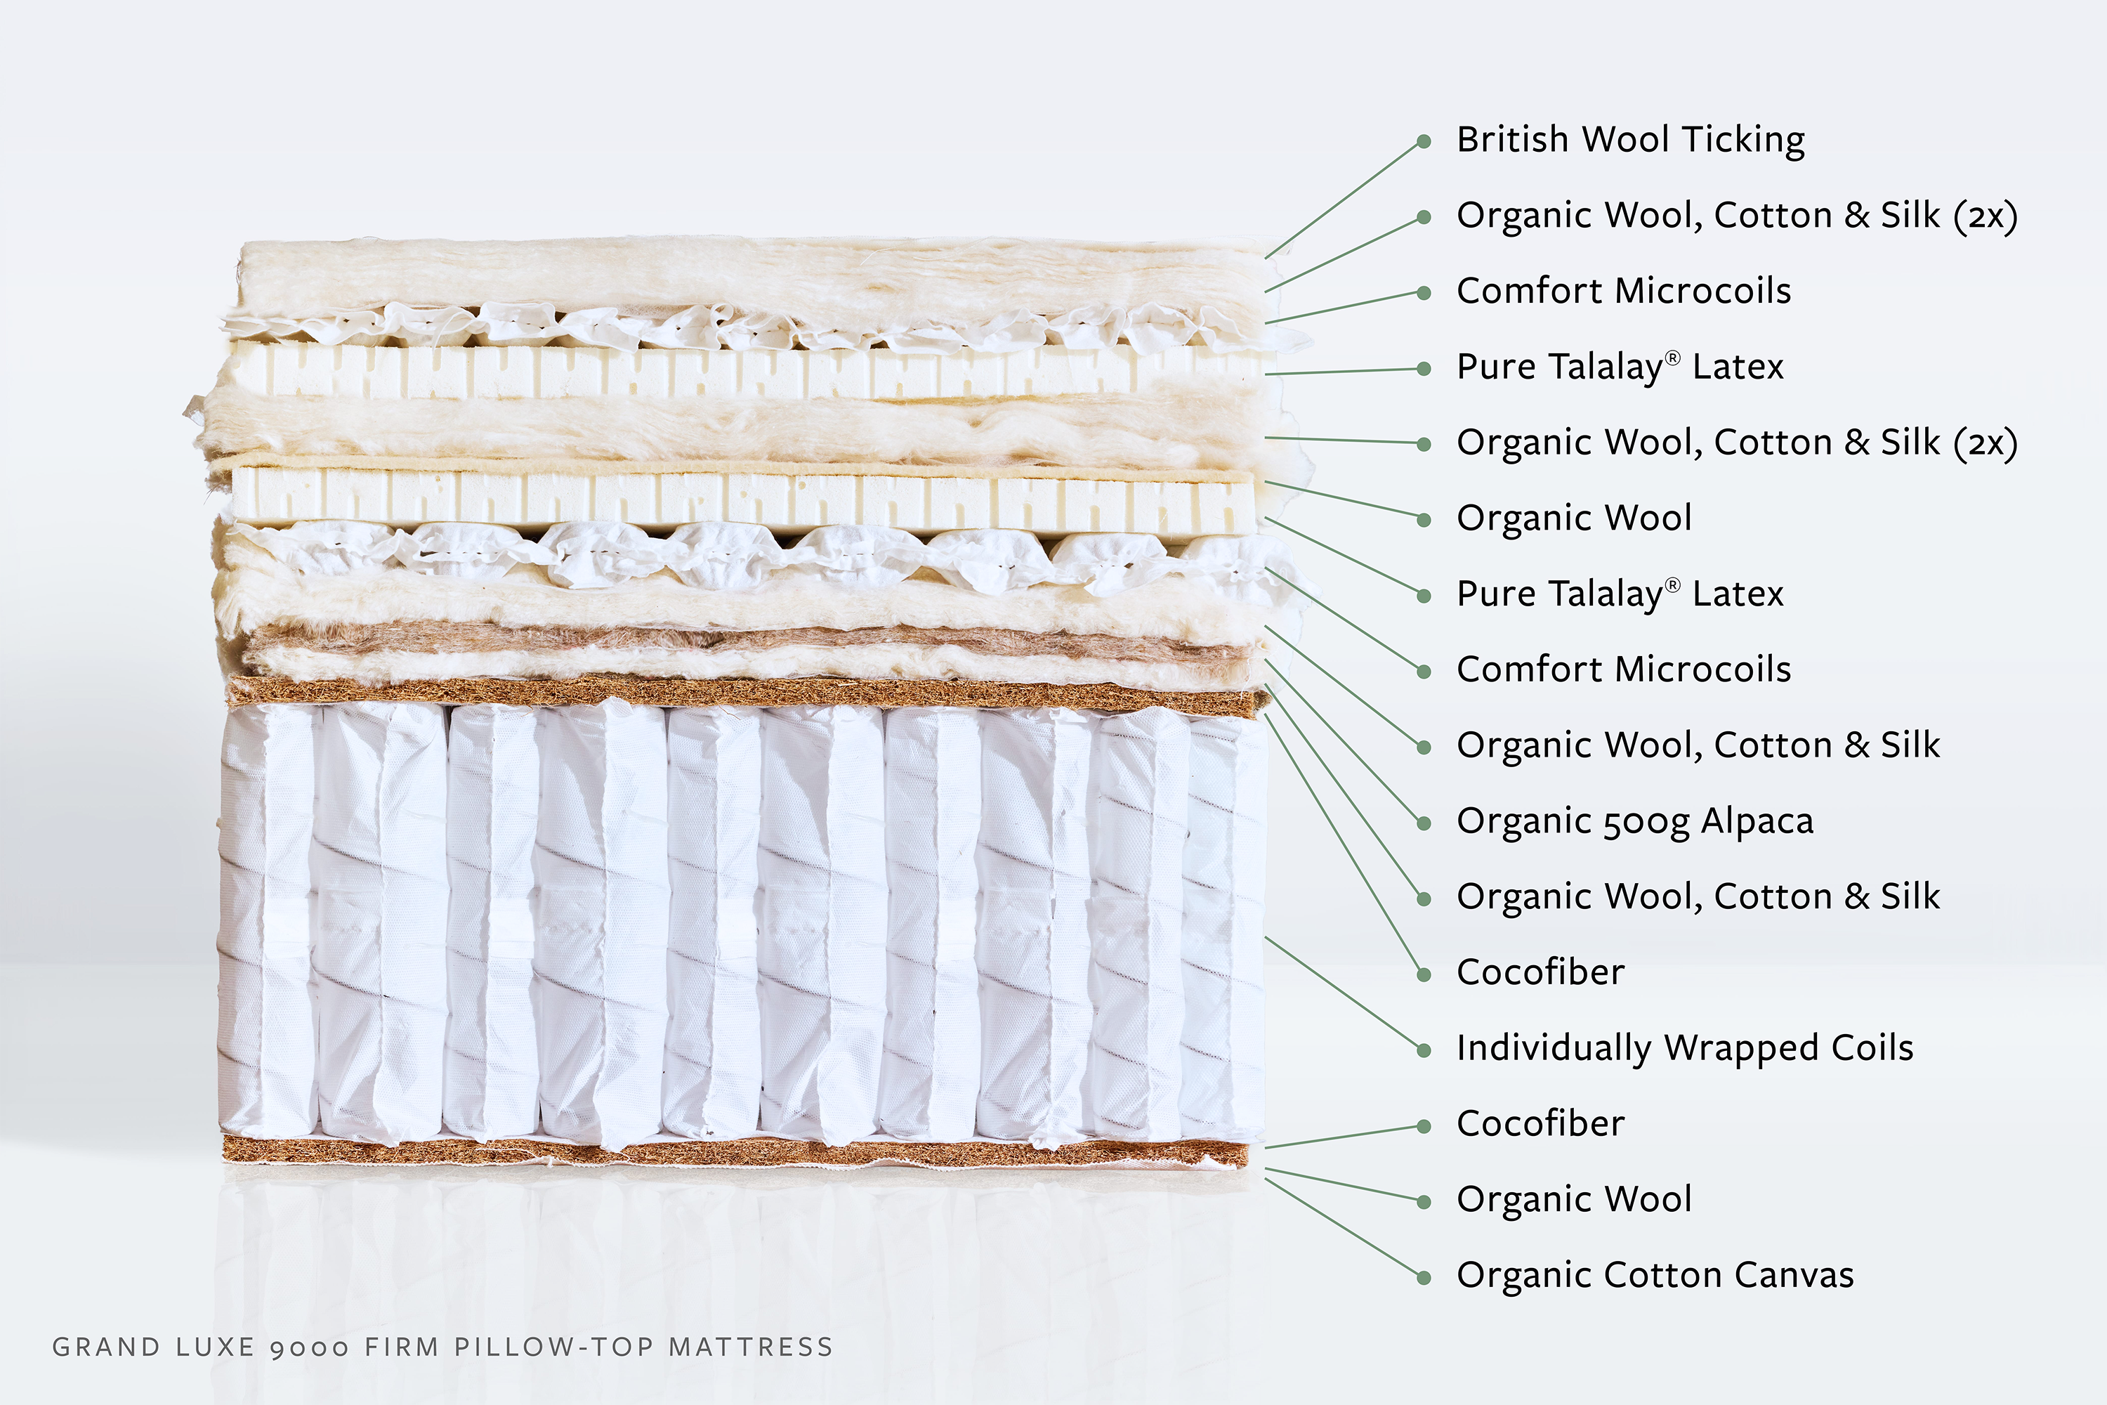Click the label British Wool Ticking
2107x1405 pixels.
[1629, 140]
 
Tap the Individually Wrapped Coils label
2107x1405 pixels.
[1684, 1048]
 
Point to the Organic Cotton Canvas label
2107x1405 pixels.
[1655, 1275]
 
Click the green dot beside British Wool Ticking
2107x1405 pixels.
[1424, 142]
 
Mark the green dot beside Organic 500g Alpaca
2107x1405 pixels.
[1424, 823]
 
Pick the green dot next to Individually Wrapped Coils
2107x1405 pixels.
[1424, 1050]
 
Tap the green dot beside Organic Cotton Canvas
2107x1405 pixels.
[1424, 1277]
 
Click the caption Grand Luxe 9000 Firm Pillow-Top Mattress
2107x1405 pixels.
[442, 1347]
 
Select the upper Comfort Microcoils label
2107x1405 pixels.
[1623, 292]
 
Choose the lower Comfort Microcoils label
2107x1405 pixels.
[1623, 669]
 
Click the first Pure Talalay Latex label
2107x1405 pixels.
[1620, 367]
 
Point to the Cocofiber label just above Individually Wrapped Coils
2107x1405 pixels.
[1540, 972]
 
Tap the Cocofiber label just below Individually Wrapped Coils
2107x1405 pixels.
[1540, 1123]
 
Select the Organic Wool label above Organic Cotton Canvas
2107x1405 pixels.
[1574, 1200]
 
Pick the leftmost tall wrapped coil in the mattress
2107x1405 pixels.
[267, 923]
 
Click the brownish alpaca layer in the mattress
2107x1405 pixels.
[744, 638]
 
